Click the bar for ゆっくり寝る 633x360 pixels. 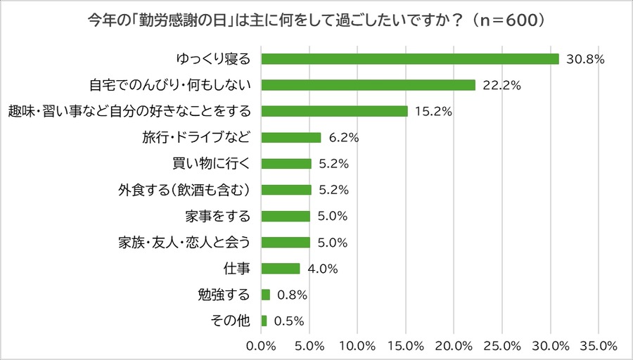pyautogui.click(x=410, y=59)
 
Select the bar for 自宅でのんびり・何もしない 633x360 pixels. pyautogui.click(x=369, y=85)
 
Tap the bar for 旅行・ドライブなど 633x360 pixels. pyautogui.click(x=291, y=137)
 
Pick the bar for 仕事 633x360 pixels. pyautogui.click(x=281, y=269)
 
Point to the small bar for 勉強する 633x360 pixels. pyautogui.click(x=266, y=295)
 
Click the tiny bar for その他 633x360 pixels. pyautogui.click(x=264, y=321)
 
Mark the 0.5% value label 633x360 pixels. pyautogui.click(x=288, y=321)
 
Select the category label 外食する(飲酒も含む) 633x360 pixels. pyautogui.click(x=186, y=190)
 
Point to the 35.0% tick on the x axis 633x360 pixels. pyautogui.click(x=599, y=346)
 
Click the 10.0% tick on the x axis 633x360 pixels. pyautogui.click(x=357, y=346)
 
